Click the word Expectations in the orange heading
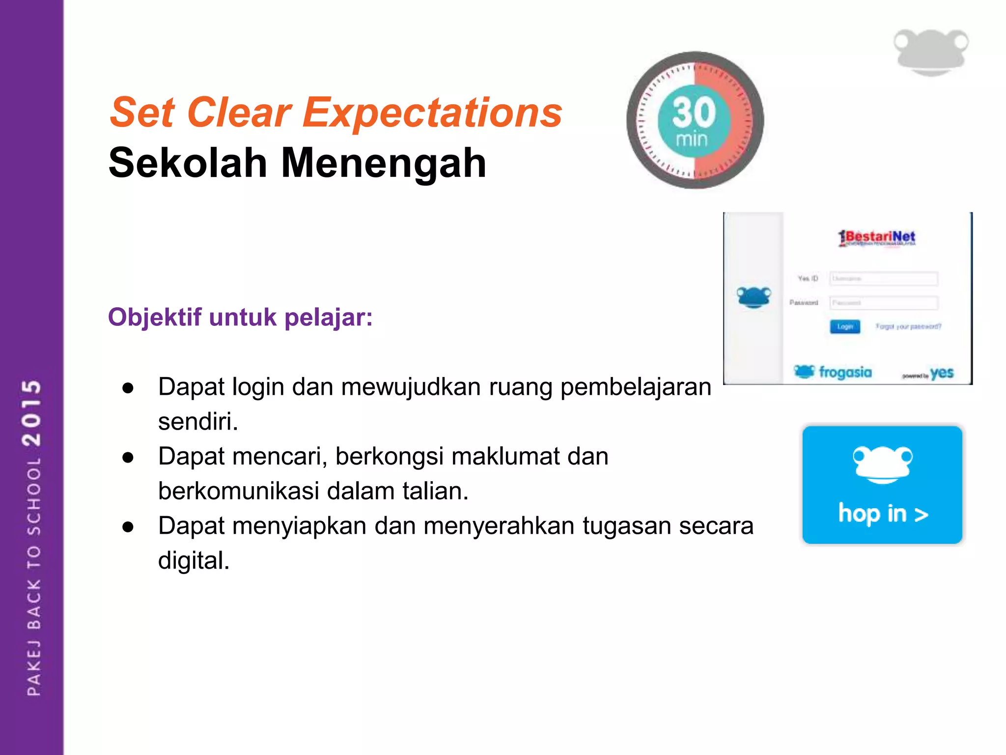(x=432, y=113)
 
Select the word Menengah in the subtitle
(x=383, y=163)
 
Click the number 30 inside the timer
(x=694, y=112)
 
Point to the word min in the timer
(x=692, y=140)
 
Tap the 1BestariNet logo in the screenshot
(x=877, y=238)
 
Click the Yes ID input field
(x=883, y=279)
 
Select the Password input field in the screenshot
(x=883, y=303)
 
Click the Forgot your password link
(x=908, y=326)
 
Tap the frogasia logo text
(x=845, y=372)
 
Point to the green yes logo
(x=941, y=373)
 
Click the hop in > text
(x=883, y=514)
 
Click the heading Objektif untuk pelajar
(x=240, y=317)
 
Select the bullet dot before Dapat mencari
(x=128, y=458)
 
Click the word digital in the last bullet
(x=194, y=560)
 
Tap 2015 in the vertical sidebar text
(x=32, y=413)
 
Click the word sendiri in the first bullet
(x=197, y=422)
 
